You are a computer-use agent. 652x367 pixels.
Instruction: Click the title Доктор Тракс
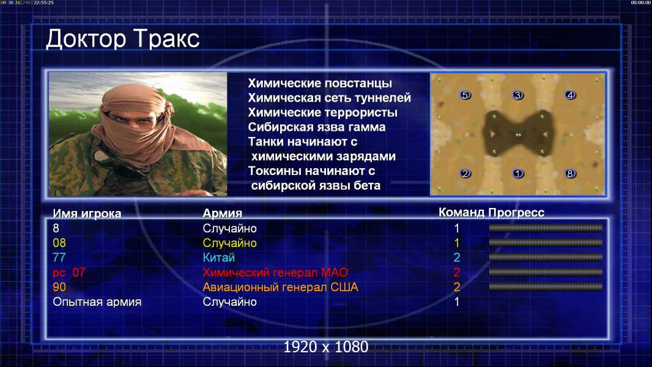(x=123, y=39)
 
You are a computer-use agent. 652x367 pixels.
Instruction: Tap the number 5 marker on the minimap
(x=465, y=95)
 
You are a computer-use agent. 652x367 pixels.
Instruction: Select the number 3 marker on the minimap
(x=517, y=95)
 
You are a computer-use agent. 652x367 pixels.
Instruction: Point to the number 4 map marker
(x=570, y=95)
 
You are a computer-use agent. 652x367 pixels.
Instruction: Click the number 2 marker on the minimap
(x=465, y=173)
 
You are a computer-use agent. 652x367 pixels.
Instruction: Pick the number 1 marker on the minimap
(x=517, y=173)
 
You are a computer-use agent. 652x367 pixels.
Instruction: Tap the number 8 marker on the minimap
(x=570, y=173)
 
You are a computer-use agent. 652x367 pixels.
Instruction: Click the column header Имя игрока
(x=87, y=213)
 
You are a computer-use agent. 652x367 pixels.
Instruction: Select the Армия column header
(x=223, y=213)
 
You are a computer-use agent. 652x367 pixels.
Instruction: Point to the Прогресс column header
(x=516, y=212)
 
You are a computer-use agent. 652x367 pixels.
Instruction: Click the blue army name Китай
(x=219, y=258)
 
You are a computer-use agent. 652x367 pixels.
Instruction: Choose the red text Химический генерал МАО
(x=275, y=273)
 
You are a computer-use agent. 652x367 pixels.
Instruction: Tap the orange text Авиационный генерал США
(x=280, y=287)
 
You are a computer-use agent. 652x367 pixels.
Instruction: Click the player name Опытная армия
(x=97, y=302)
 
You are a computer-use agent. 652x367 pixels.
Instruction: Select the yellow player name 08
(x=59, y=243)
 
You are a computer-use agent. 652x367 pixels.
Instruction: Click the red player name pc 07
(x=69, y=273)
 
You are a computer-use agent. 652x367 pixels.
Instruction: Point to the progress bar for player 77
(x=546, y=258)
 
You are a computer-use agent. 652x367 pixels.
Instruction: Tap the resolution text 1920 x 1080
(x=325, y=347)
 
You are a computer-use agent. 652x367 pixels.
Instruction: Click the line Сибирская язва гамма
(x=317, y=127)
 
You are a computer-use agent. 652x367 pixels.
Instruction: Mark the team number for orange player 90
(x=456, y=287)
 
